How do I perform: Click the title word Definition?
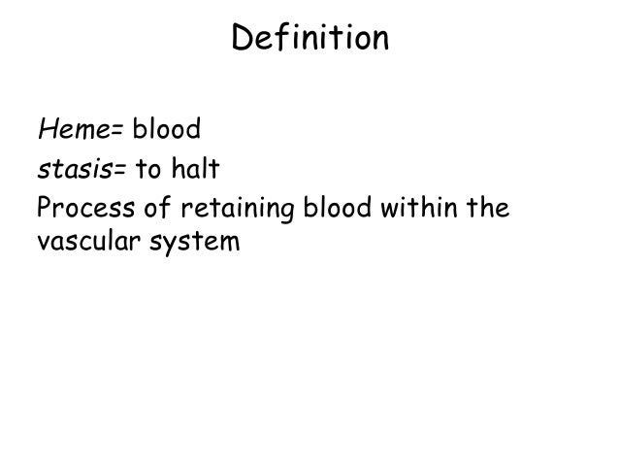(x=310, y=40)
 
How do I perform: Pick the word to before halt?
(x=147, y=172)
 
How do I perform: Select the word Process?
(x=82, y=208)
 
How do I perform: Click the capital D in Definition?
(x=243, y=40)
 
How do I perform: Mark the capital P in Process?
(x=44, y=208)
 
